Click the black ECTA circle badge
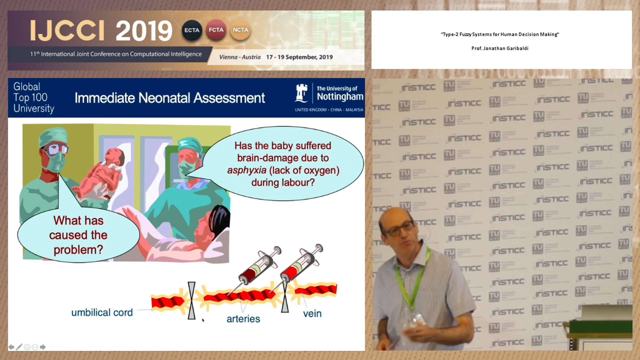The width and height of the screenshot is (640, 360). pyautogui.click(x=192, y=30)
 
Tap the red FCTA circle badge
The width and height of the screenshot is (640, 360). pyautogui.click(x=216, y=30)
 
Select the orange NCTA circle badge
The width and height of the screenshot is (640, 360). pyautogui.click(x=240, y=30)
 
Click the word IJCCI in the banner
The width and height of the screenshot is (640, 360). pyautogui.click(x=67, y=31)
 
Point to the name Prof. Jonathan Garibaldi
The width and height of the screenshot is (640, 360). pyautogui.click(x=500, y=48)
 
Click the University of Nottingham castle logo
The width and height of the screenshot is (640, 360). pyautogui.click(x=302, y=93)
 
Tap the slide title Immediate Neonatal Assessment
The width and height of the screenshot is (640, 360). pyautogui.click(x=170, y=98)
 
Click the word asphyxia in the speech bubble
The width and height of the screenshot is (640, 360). pyautogui.click(x=247, y=170)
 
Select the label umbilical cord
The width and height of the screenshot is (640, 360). pyautogui.click(x=102, y=313)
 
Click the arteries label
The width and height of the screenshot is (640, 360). pyautogui.click(x=243, y=319)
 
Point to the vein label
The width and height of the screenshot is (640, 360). pyautogui.click(x=312, y=314)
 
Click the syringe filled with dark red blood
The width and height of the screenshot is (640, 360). pyautogui.click(x=259, y=266)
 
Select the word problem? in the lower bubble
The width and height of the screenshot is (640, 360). pyautogui.click(x=78, y=250)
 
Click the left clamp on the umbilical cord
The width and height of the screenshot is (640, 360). pyautogui.click(x=191, y=300)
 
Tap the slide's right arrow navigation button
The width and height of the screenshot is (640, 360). pyautogui.click(x=43, y=347)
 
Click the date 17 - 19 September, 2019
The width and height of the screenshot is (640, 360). pyautogui.click(x=299, y=57)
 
